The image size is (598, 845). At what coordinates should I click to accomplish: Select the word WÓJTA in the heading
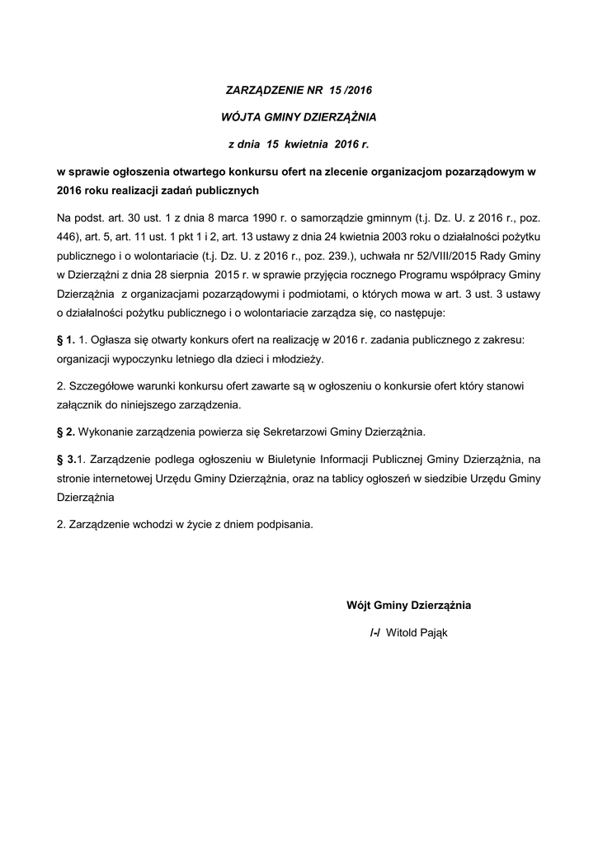243,116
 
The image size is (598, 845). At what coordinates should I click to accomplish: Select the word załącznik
80,405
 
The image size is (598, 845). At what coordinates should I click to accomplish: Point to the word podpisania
285,526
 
